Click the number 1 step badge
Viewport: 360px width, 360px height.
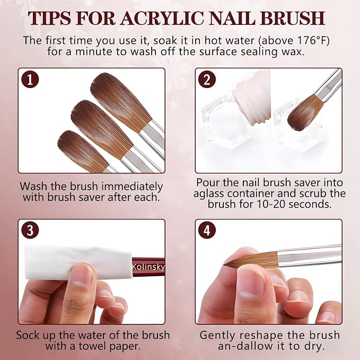(x=30, y=80)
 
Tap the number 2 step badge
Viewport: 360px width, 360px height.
(x=207, y=80)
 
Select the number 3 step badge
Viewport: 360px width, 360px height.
(x=30, y=230)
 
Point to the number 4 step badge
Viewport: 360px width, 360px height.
(x=207, y=230)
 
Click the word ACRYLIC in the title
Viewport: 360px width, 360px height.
(x=162, y=18)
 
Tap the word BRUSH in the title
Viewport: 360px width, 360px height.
(x=293, y=18)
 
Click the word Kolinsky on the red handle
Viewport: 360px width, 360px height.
(x=148, y=267)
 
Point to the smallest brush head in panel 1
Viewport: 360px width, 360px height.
(x=82, y=151)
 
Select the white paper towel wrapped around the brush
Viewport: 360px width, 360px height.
(x=78, y=262)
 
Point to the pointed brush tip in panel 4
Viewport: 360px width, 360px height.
(x=225, y=266)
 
